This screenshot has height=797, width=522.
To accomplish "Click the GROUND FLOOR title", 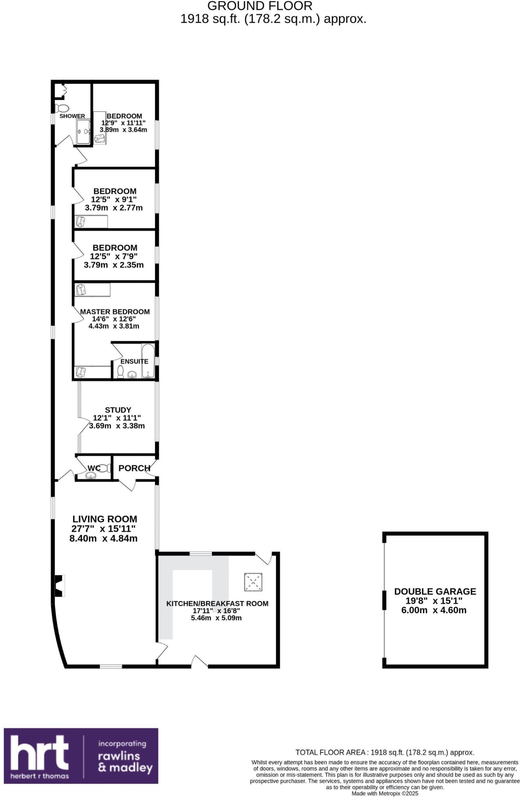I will [x=260, y=6].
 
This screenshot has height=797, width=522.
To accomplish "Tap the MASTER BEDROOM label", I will [x=115, y=312].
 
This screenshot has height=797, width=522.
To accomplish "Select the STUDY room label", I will [x=118, y=410].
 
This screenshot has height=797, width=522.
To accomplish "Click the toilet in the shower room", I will [x=62, y=108].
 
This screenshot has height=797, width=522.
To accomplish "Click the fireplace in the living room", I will [x=59, y=586].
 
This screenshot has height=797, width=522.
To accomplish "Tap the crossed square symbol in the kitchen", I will [x=253, y=583].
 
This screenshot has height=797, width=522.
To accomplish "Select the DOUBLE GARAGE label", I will [x=435, y=592].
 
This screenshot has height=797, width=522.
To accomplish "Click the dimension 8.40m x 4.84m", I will [x=103, y=539].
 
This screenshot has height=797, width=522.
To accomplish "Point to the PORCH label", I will [x=134, y=468].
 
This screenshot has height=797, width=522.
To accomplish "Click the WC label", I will [x=94, y=468].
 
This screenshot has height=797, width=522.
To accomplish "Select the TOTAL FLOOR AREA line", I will [x=385, y=752].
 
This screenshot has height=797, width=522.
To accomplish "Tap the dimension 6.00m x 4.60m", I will [x=434, y=610].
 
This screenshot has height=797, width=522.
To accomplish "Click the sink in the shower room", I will [x=84, y=132].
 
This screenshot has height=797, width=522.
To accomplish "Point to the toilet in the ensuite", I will [x=121, y=372].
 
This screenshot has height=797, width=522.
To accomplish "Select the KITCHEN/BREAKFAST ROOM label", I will [x=217, y=604].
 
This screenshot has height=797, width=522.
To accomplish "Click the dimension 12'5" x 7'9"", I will [x=114, y=256].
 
